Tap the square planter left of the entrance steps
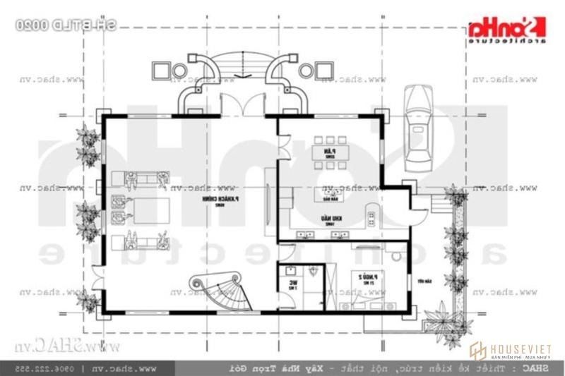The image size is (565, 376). [x=160, y=71]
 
